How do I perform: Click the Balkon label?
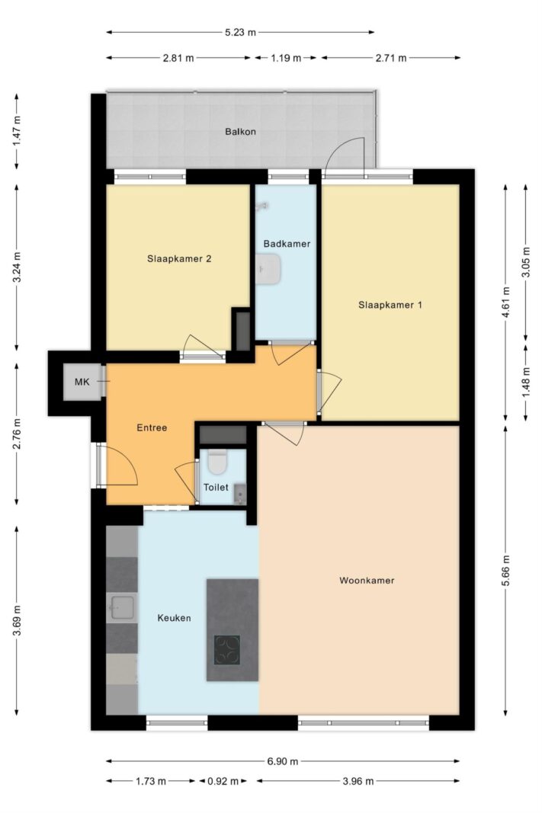click(240, 132)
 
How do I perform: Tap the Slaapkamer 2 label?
click(179, 259)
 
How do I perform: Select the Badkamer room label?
click(287, 244)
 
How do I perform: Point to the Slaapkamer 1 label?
click(390, 305)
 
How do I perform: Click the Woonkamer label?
click(367, 580)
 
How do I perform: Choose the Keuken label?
click(175, 617)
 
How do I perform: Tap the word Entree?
click(152, 427)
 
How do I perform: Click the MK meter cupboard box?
click(82, 382)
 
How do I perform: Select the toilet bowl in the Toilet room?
click(216, 461)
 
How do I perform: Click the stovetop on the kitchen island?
click(228, 650)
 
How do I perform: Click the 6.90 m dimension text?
click(283, 761)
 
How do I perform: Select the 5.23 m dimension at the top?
click(240, 32)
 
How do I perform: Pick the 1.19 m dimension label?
click(286, 58)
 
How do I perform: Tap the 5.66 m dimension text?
click(505, 571)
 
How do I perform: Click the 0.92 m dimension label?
click(223, 781)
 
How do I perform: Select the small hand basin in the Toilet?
click(239, 495)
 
